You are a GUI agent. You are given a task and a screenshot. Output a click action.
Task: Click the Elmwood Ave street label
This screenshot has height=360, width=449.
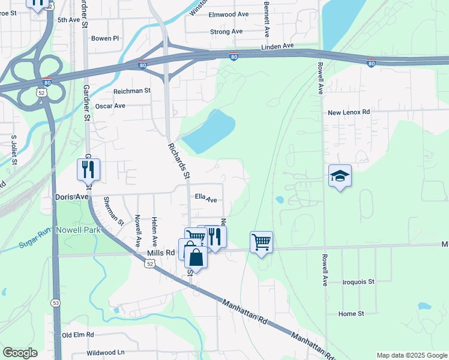point(228,14)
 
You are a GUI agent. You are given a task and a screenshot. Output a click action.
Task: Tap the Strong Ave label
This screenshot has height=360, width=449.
point(226,31)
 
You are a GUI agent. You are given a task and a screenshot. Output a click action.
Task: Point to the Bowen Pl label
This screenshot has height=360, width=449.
point(106,38)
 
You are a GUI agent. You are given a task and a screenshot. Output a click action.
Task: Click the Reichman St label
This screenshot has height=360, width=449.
point(131,91)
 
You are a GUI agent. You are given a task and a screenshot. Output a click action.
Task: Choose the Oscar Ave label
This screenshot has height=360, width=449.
point(110,106)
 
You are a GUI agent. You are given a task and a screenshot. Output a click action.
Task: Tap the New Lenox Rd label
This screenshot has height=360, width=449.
point(349,112)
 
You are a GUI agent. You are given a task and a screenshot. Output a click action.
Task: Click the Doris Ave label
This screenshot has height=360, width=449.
point(72,197)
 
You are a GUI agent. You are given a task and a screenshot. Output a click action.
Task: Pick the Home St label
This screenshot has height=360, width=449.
point(351,314)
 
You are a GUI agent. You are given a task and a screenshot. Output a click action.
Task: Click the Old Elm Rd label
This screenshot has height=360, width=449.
point(78,335)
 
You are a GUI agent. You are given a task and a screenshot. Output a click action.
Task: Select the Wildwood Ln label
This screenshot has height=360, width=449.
point(105,352)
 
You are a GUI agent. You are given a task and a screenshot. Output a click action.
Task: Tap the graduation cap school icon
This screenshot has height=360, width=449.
point(340,176)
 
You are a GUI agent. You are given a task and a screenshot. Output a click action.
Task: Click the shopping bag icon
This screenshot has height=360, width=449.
point(196,258)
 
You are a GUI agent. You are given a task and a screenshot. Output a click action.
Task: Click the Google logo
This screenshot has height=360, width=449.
point(20,353)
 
